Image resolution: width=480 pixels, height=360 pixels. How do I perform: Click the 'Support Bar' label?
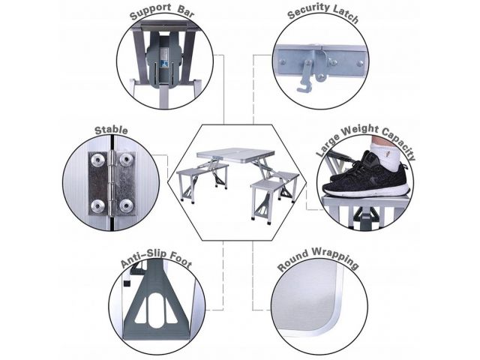click(x=162, y=13)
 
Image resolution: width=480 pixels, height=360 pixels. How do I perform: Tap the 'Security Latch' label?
click(x=323, y=13)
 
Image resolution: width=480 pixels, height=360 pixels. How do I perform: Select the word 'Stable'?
click(x=111, y=130)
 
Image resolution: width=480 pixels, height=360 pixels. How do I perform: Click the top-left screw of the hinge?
click(x=98, y=159)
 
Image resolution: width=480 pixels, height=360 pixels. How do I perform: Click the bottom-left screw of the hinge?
click(x=98, y=205)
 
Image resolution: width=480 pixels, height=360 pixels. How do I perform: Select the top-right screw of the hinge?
click(x=126, y=159)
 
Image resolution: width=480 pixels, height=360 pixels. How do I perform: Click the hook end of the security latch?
click(x=303, y=90)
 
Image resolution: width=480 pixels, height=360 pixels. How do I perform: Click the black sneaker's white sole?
click(x=367, y=190)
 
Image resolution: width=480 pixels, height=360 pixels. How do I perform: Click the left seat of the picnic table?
click(x=202, y=170)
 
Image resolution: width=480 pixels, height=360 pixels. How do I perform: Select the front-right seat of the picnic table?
click(x=267, y=185)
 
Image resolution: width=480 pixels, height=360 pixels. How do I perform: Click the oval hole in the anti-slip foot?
click(x=156, y=310)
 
